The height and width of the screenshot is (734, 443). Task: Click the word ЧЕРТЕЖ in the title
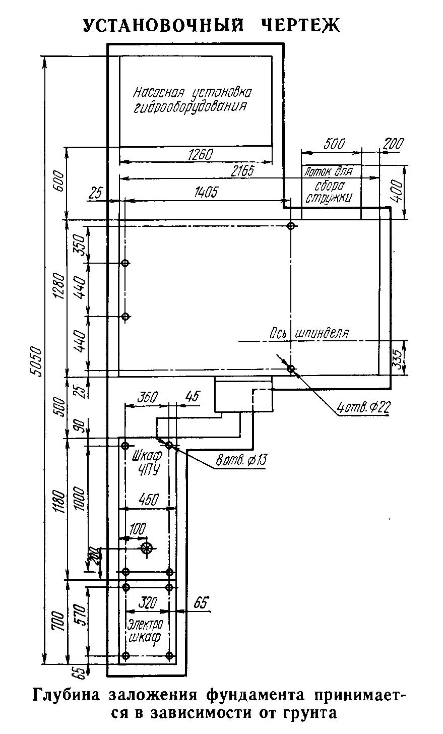[x=301, y=25]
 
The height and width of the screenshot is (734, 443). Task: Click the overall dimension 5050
[x=36, y=361]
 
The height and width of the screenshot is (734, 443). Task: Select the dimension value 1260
[x=201, y=154]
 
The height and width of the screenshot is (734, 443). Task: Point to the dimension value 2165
[x=242, y=171]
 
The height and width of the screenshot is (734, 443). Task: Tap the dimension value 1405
[x=206, y=192]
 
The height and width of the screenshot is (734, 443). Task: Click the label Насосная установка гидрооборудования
[x=192, y=100]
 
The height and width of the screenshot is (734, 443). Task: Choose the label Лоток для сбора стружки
[x=329, y=185]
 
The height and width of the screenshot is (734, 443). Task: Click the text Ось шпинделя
[x=309, y=333]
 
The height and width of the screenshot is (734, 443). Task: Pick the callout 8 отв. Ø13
[x=241, y=460]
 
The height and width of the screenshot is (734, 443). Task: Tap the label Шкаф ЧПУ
[x=147, y=462]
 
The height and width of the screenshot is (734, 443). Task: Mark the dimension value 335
[x=398, y=359]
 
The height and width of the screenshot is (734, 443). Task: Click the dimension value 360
[x=147, y=397]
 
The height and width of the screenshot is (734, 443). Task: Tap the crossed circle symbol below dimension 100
[x=147, y=547]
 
